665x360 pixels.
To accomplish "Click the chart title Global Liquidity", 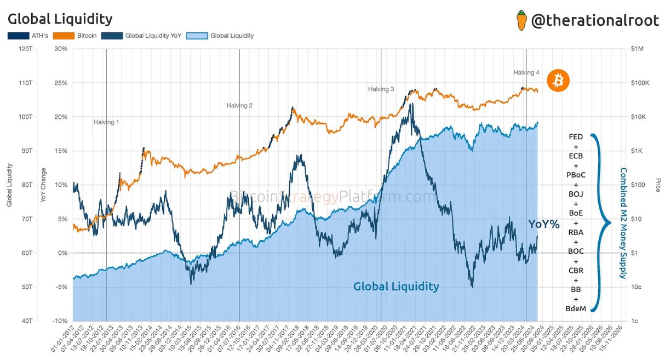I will (x=60, y=19).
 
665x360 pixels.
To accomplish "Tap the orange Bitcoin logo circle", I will (x=559, y=81).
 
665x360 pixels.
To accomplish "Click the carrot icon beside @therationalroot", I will (x=521, y=20).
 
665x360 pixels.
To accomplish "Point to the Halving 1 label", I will (x=106, y=122).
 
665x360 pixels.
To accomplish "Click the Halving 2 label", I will (x=239, y=105).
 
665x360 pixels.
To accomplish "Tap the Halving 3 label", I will (x=381, y=89).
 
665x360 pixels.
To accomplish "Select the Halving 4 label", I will (x=526, y=72).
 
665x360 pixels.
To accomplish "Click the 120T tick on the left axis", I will (x=26, y=49).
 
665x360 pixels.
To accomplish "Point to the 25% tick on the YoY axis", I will (x=60, y=83).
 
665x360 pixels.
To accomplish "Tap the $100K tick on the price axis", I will (x=639, y=83).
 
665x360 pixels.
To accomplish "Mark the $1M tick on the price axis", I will (x=637, y=49).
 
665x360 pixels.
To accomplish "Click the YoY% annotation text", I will (x=543, y=224).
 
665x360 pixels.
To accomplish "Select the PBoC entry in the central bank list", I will (x=576, y=175).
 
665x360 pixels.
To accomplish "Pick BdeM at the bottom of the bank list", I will (x=576, y=309).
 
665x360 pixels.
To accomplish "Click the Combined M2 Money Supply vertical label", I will (x=623, y=223).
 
